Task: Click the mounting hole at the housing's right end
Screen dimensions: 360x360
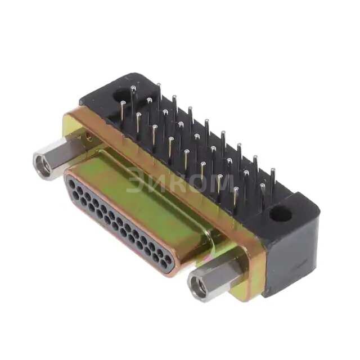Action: [x=280, y=214]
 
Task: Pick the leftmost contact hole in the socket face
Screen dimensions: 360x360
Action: [x=71, y=182]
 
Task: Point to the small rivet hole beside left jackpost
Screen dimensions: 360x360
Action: [x=88, y=135]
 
